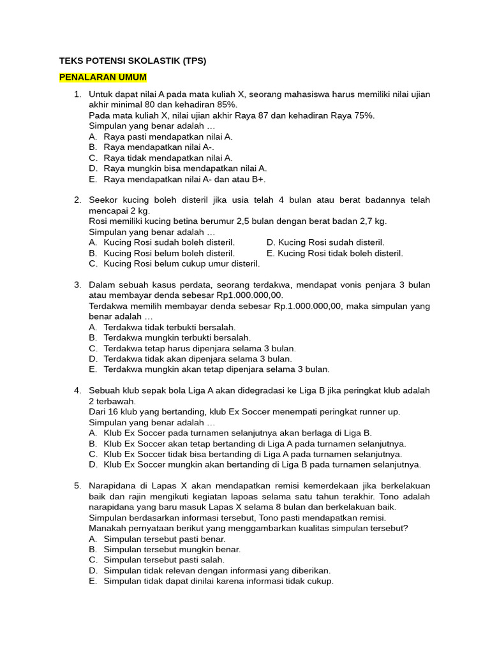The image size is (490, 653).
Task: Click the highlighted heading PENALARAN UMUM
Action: pyautogui.click(x=103, y=77)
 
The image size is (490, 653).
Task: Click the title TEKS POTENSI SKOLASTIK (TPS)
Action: pyautogui.click(x=133, y=61)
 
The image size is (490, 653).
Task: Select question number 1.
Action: pyautogui.click(x=77, y=94)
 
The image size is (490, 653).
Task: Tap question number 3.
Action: pyautogui.click(x=77, y=284)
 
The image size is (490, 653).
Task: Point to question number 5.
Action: pyautogui.click(x=77, y=486)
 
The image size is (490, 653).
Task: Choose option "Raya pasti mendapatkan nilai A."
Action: pyautogui.click(x=168, y=136)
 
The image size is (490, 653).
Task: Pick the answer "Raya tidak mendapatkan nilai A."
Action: pyautogui.click(x=168, y=158)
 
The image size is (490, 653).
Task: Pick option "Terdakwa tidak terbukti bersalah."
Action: pyautogui.click(x=169, y=327)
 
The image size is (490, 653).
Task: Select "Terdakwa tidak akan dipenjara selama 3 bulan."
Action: pyautogui.click(x=197, y=359)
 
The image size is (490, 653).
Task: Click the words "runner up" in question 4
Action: pyautogui.click(x=381, y=411)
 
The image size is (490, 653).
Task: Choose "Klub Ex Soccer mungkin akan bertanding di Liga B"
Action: pyautogui.click(x=262, y=465)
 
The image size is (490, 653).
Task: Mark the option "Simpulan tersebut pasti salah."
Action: pyautogui.click(x=165, y=560)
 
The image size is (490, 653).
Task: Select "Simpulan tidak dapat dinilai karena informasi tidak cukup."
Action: pyautogui.click(x=218, y=581)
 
